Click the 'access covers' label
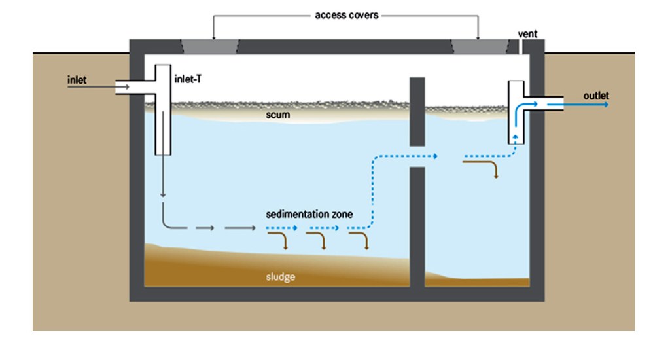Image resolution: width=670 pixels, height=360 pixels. tap(346, 14)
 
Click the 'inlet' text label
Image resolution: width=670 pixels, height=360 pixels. tap(77, 81)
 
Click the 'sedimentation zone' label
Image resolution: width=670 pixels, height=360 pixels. tap(309, 214)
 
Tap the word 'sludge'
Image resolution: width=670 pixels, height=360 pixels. tap(280, 277)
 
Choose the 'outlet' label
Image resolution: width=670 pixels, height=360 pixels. tap(595, 96)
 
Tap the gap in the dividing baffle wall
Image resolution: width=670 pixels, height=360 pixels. tap(417, 156)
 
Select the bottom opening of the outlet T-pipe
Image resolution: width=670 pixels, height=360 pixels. tap(516, 141)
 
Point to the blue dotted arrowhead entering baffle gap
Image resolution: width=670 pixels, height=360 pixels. tap(434, 156)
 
